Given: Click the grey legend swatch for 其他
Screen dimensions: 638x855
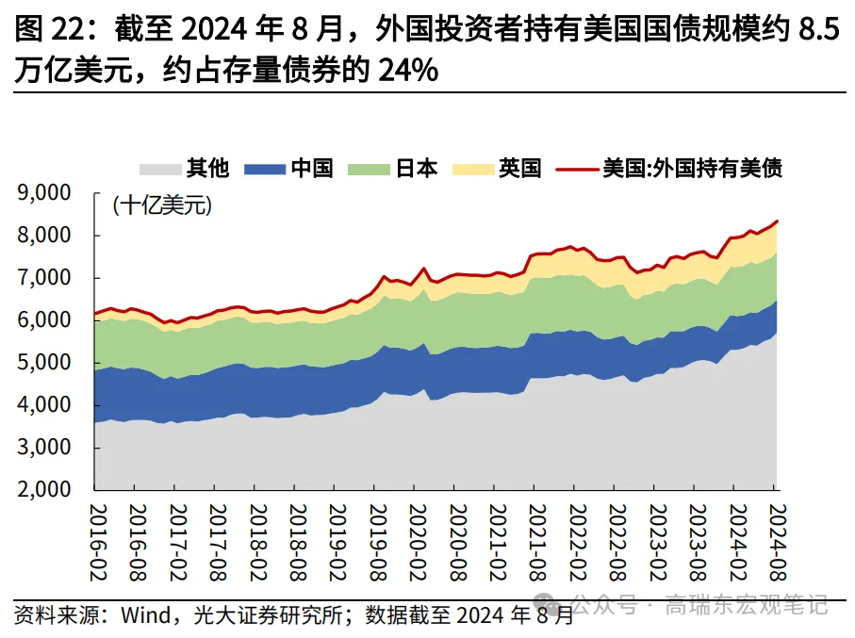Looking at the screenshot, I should [x=160, y=170].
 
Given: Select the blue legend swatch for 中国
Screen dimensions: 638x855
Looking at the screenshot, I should [x=264, y=170].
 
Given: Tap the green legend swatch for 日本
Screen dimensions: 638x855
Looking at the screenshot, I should [x=369, y=170].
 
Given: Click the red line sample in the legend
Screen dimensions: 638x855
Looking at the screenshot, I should [x=578, y=170].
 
